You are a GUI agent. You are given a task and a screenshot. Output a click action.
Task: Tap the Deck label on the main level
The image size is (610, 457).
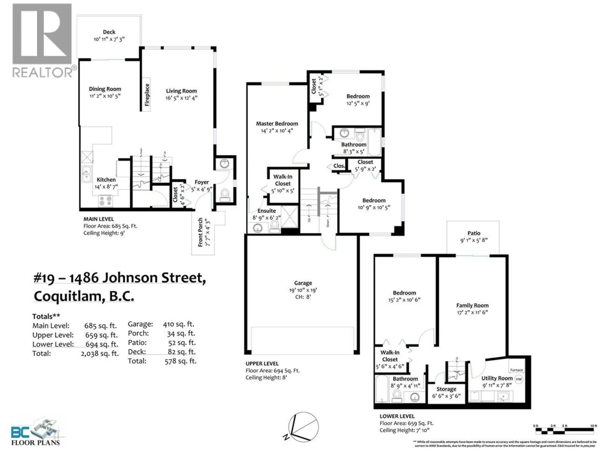[109, 32]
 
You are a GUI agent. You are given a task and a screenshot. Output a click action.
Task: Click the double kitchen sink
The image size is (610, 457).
[87, 174]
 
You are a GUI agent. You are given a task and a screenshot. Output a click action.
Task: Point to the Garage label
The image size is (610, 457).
[303, 283]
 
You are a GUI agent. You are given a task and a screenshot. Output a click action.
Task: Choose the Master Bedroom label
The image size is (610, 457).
[277, 124]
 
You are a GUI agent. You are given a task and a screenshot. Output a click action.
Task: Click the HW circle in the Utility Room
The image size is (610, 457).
[519, 379]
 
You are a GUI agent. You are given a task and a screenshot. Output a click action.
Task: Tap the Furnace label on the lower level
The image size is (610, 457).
[516, 370]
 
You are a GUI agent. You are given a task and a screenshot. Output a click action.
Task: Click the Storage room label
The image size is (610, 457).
[446, 389]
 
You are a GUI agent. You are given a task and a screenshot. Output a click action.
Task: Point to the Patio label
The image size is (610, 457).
[474, 233]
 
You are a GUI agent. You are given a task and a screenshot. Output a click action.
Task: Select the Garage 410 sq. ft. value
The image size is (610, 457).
[178, 324]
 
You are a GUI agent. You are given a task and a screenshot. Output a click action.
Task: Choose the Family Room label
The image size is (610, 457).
[472, 305]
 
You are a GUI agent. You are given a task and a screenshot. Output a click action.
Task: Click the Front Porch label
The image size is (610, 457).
[200, 232]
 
